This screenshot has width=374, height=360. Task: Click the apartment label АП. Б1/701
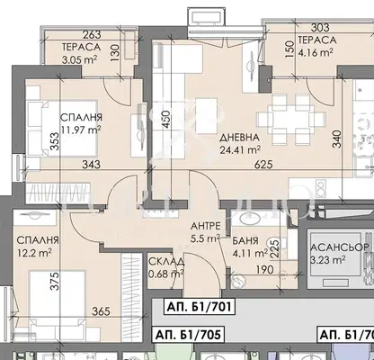click(x=200, y=307)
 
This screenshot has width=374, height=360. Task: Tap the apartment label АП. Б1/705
click(x=189, y=335)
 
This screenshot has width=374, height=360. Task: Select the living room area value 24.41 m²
click(x=240, y=149)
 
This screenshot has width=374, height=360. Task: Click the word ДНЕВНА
click(x=239, y=138)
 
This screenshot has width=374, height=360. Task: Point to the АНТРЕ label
click(x=206, y=226)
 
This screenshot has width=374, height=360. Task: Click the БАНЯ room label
click(x=245, y=240)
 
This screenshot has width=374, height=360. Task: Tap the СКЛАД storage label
click(x=166, y=262)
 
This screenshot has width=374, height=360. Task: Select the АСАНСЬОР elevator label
click(x=340, y=247)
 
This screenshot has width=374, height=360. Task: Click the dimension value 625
click(x=263, y=164)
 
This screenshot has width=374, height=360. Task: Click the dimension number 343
click(x=91, y=164)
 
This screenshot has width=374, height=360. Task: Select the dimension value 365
click(x=101, y=311)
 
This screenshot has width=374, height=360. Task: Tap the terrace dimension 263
click(x=92, y=35)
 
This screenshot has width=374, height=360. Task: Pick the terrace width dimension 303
click(x=320, y=28)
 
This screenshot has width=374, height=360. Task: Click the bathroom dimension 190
click(x=264, y=269)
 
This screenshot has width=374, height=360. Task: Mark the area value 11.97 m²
click(x=80, y=130)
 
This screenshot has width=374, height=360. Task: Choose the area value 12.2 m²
click(x=34, y=253)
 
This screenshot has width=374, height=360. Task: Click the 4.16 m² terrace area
click(x=316, y=52)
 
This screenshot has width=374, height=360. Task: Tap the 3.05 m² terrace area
click(x=79, y=59)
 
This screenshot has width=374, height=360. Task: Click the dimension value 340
click(x=337, y=139)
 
